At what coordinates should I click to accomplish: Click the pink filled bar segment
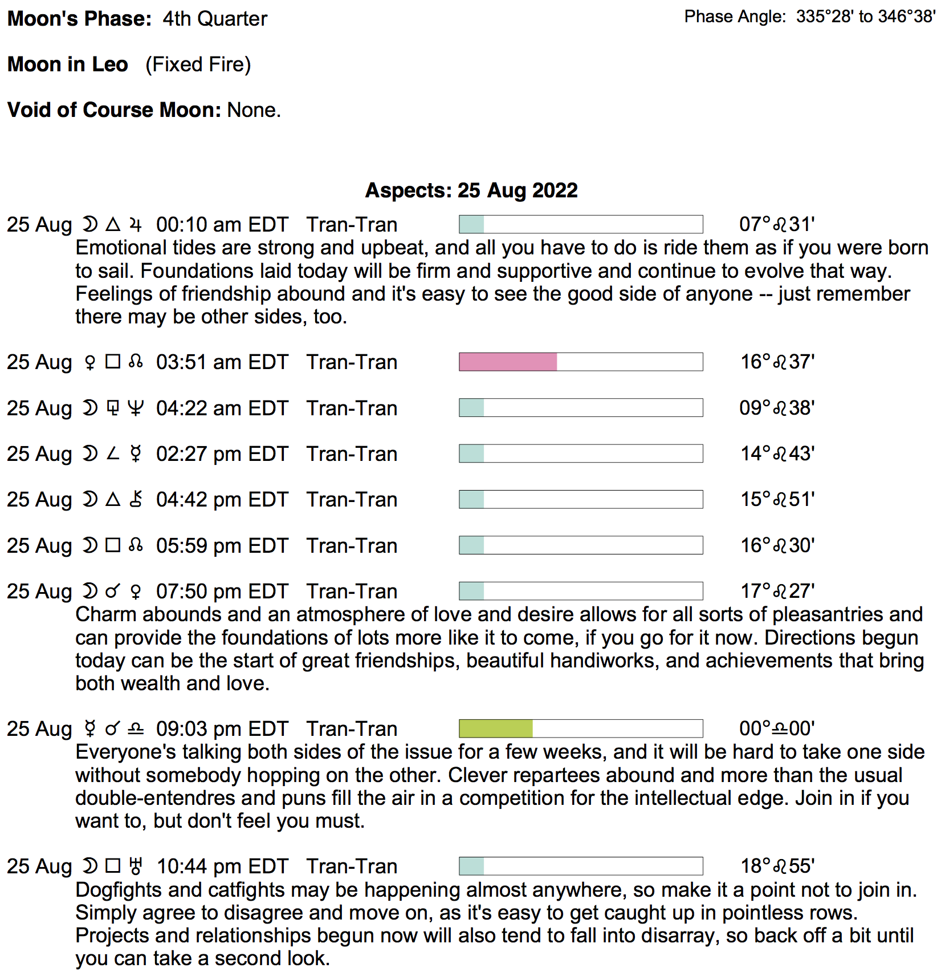pos(508,362)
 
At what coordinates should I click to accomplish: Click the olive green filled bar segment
pos(496,728)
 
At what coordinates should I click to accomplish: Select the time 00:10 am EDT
pos(222,225)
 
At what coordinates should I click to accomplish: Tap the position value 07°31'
pos(777,224)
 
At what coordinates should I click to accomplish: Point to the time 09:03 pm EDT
pos(222,729)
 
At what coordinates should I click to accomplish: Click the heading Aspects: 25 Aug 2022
pos(471,191)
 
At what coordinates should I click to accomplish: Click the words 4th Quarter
pos(215,19)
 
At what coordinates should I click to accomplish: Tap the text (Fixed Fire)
pos(198,64)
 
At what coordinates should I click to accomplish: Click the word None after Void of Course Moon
pos(254,110)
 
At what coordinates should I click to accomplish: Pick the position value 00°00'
pos(777,728)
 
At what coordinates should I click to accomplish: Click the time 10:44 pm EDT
pos(222,866)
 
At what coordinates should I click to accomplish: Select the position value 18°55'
pos(777,866)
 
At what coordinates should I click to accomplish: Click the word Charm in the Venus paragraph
pos(105,614)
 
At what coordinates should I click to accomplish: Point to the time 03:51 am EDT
pos(222,362)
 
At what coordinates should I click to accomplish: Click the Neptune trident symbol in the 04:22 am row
pos(135,408)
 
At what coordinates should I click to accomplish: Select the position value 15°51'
pos(777,499)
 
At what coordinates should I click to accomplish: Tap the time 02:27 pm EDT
pos(222,454)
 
